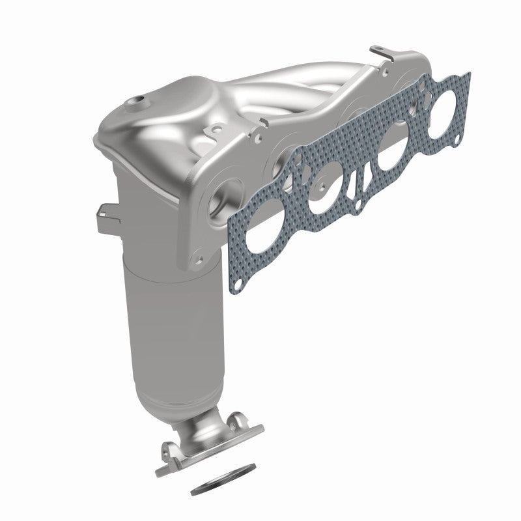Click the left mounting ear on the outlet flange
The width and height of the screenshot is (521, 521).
pos(168,449)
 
